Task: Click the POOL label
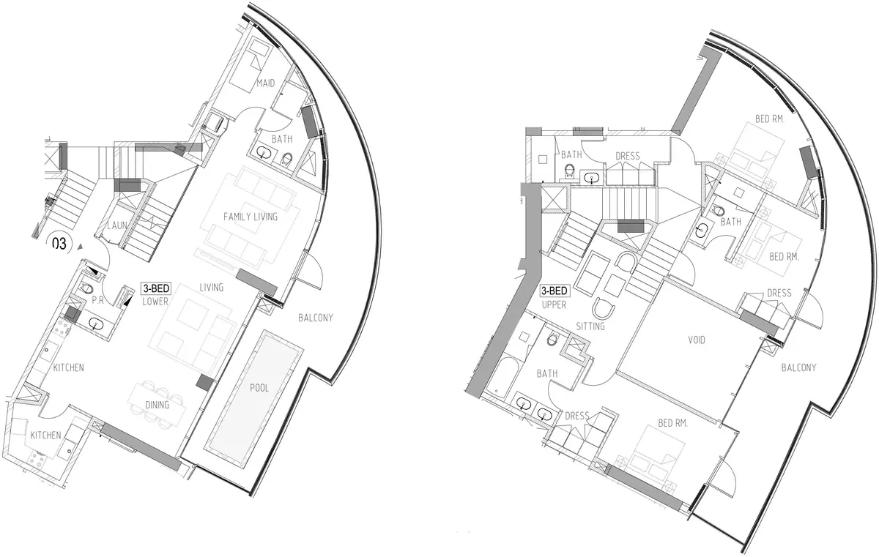(259, 388)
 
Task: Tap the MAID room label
(266, 83)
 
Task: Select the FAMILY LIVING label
(251, 217)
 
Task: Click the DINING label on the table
(157, 405)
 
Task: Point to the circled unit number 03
(59, 244)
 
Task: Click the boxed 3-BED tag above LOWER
(156, 288)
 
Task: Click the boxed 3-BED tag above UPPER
(554, 291)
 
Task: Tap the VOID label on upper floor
(697, 340)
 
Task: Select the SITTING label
(590, 326)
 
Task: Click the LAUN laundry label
(117, 225)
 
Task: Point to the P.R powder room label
(97, 300)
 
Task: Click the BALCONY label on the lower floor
(316, 318)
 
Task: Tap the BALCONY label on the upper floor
(798, 367)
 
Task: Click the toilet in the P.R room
(86, 288)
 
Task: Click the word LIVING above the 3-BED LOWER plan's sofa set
(211, 288)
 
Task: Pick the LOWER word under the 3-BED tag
(155, 302)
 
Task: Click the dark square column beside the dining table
(204, 382)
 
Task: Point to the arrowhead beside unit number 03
(80, 247)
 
